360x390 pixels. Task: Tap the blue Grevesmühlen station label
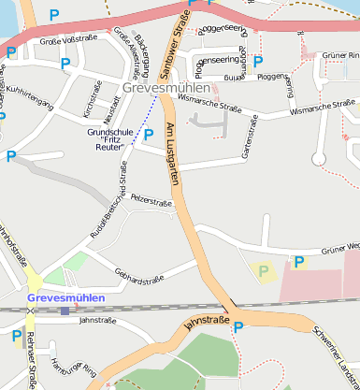[x=66, y=298]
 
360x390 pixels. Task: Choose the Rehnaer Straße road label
[x=33, y=360]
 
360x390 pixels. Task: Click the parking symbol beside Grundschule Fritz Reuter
[x=149, y=135]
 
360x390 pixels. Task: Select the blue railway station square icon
[x=65, y=310]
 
